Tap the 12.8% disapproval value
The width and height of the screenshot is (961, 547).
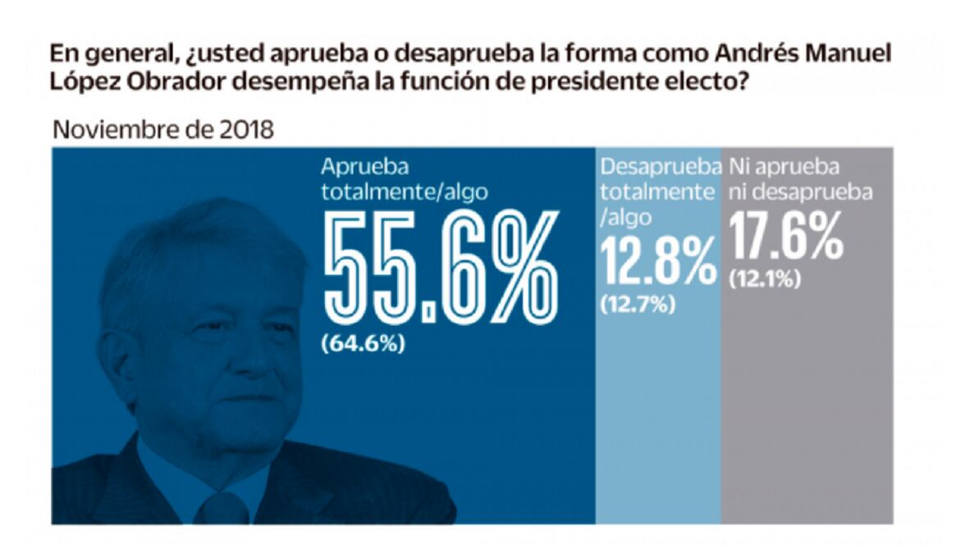click(658, 260)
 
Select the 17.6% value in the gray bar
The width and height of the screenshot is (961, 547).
click(785, 235)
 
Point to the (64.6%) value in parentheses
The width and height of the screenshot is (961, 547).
click(363, 343)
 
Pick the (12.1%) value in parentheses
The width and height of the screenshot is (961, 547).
click(764, 279)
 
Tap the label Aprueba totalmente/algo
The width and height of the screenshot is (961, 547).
click(405, 179)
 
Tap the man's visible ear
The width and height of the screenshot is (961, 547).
click(115, 362)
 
